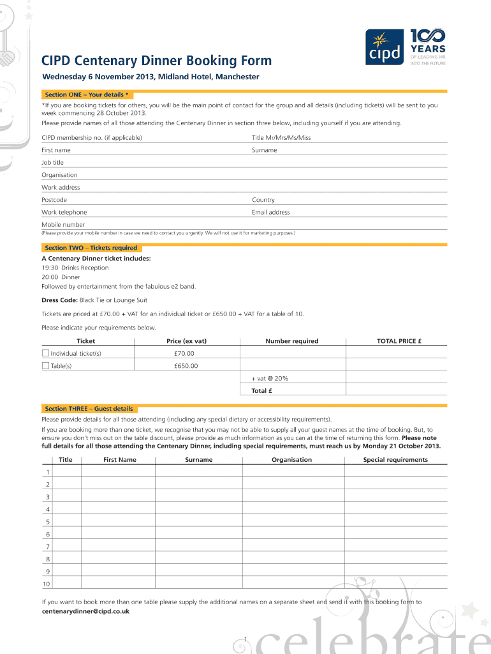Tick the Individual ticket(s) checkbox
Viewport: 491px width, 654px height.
pos(45,353)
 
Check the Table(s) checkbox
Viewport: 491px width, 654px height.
pos(45,366)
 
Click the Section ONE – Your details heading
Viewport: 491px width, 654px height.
pos(87,95)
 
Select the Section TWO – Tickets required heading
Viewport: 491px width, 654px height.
pos(91,248)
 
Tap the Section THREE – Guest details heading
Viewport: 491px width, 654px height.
pos(89,409)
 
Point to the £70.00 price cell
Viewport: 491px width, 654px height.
pos(184,353)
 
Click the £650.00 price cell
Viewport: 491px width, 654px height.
pos(186,366)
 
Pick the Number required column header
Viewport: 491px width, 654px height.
pos(292,341)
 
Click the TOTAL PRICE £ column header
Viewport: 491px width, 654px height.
pos(399,341)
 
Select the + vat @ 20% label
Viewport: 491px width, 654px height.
pos(270,378)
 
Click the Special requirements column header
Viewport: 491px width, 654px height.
pos(395,460)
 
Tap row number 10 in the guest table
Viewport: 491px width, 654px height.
pos(47,584)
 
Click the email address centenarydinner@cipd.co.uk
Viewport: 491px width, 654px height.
pos(85,611)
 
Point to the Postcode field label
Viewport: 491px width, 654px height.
pos(54,200)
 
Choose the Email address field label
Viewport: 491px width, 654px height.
pos(271,212)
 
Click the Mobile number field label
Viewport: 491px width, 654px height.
pos(63,225)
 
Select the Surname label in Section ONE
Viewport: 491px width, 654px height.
pos(265,150)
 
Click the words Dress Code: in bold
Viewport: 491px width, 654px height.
pos(59,300)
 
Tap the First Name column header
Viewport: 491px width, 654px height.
pos(120,460)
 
